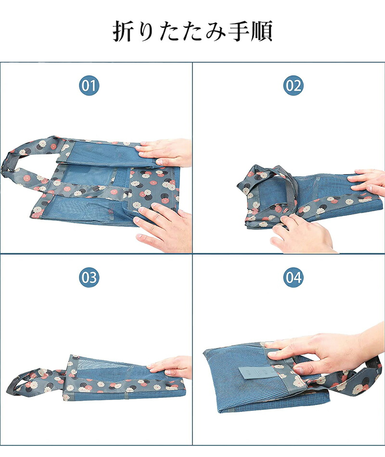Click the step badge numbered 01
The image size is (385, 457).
pos(89,86)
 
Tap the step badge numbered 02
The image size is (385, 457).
pos(294,86)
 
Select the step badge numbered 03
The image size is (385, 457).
pos(89,277)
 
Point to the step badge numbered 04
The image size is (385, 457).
pos(294,277)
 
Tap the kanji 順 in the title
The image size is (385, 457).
pos(262,31)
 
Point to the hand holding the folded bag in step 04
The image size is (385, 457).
pos(327,350)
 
